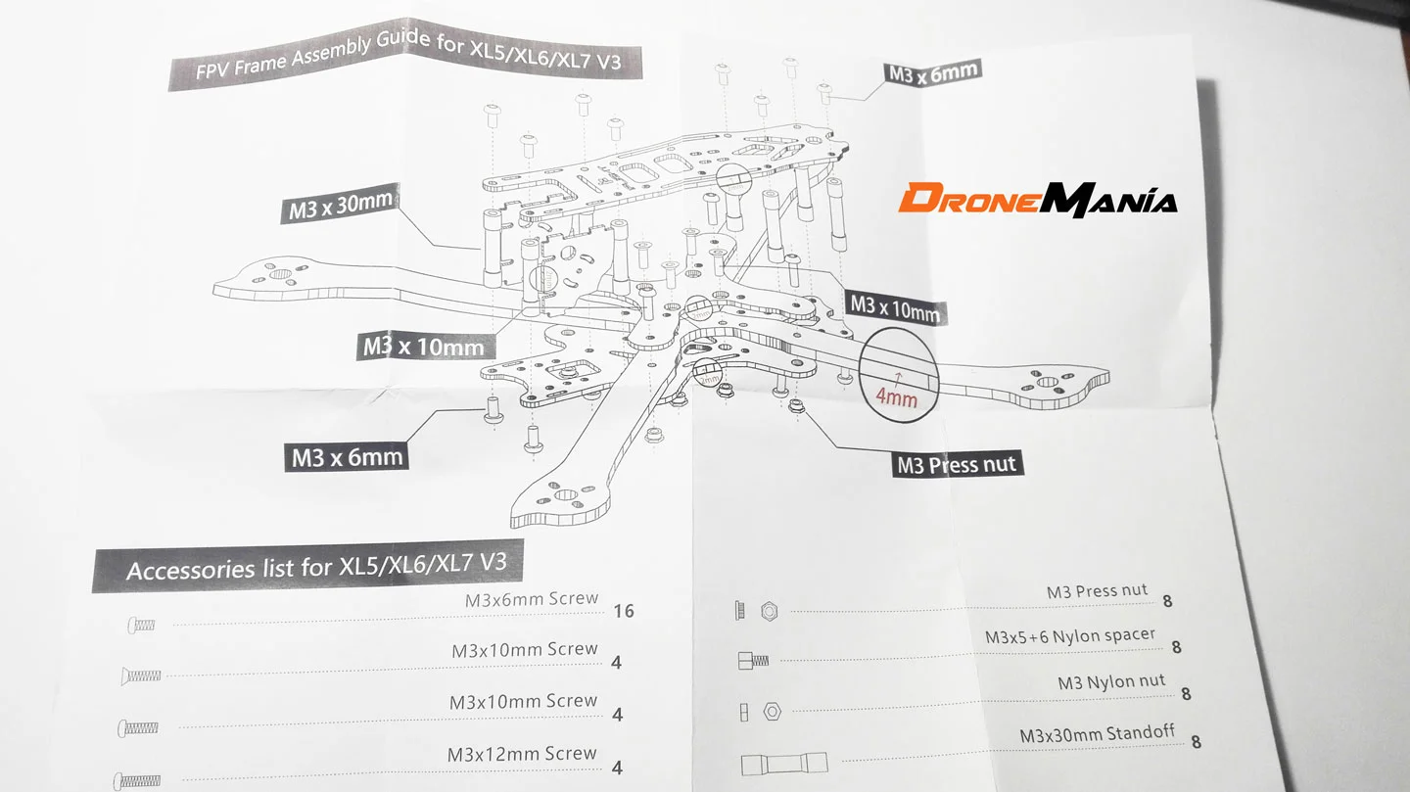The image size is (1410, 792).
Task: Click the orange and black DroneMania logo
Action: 1037,199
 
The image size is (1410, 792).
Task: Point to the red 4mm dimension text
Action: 896,398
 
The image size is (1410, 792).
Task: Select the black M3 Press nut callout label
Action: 958,464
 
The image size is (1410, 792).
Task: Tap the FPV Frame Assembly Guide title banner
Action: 407,61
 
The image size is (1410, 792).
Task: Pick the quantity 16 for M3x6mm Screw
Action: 623,611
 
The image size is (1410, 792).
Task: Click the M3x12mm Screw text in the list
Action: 522,755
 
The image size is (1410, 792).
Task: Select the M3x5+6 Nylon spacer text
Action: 1069,637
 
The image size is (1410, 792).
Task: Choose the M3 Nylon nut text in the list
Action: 1111,681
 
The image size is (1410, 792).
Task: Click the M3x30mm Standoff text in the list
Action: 1097,734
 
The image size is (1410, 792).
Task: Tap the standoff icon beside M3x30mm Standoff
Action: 783,763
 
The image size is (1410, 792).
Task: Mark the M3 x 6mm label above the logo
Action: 931,72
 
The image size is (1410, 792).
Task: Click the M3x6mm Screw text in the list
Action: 531,598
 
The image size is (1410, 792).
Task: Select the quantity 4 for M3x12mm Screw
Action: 616,768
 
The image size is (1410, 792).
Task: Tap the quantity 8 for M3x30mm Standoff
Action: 1196,743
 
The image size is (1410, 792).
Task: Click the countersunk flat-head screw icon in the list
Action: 142,676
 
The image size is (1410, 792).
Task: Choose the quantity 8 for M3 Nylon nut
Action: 1186,694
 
